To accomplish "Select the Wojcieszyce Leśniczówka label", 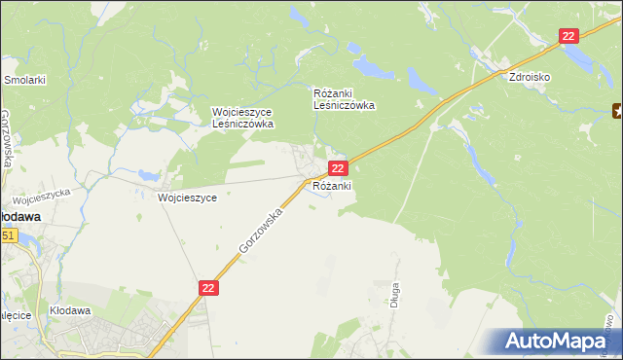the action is pyautogui.click(x=243, y=118).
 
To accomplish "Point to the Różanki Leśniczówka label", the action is pyautogui.click(x=344, y=99).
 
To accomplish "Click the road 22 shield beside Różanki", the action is pyautogui.click(x=336, y=168).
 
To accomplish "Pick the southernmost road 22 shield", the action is pyautogui.click(x=209, y=288).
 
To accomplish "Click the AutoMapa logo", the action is pyautogui.click(x=556, y=342).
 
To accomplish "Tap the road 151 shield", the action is pyautogui.click(x=7, y=235).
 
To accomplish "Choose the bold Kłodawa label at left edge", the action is pyautogui.click(x=18, y=217).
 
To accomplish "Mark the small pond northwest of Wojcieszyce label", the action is pyautogui.click(x=148, y=176).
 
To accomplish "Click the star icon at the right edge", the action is pyautogui.click(x=617, y=111).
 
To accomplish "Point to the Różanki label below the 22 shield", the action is pyautogui.click(x=331, y=186).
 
